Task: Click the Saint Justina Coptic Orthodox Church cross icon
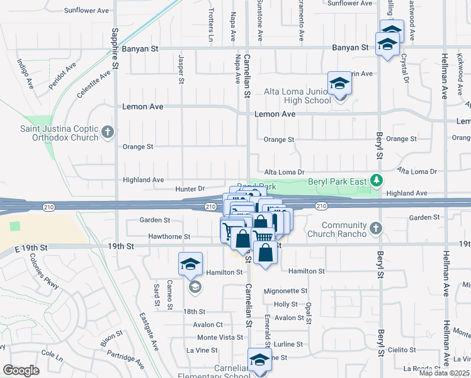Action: click(108, 132)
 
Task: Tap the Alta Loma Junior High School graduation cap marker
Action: click(339, 84)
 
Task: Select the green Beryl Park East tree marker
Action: click(377, 181)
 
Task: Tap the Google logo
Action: click(21, 370)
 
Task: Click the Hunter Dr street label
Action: click(190, 188)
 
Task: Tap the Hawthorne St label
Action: click(169, 237)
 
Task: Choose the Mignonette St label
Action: click(286, 291)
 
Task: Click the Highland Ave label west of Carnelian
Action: click(144, 180)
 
